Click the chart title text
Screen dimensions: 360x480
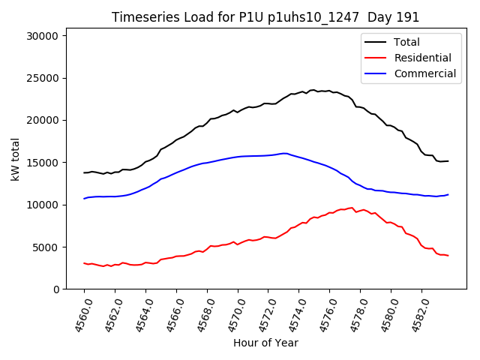265,17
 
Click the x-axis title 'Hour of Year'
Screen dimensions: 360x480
265,343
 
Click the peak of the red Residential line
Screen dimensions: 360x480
352,208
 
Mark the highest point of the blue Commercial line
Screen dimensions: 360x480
284,153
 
